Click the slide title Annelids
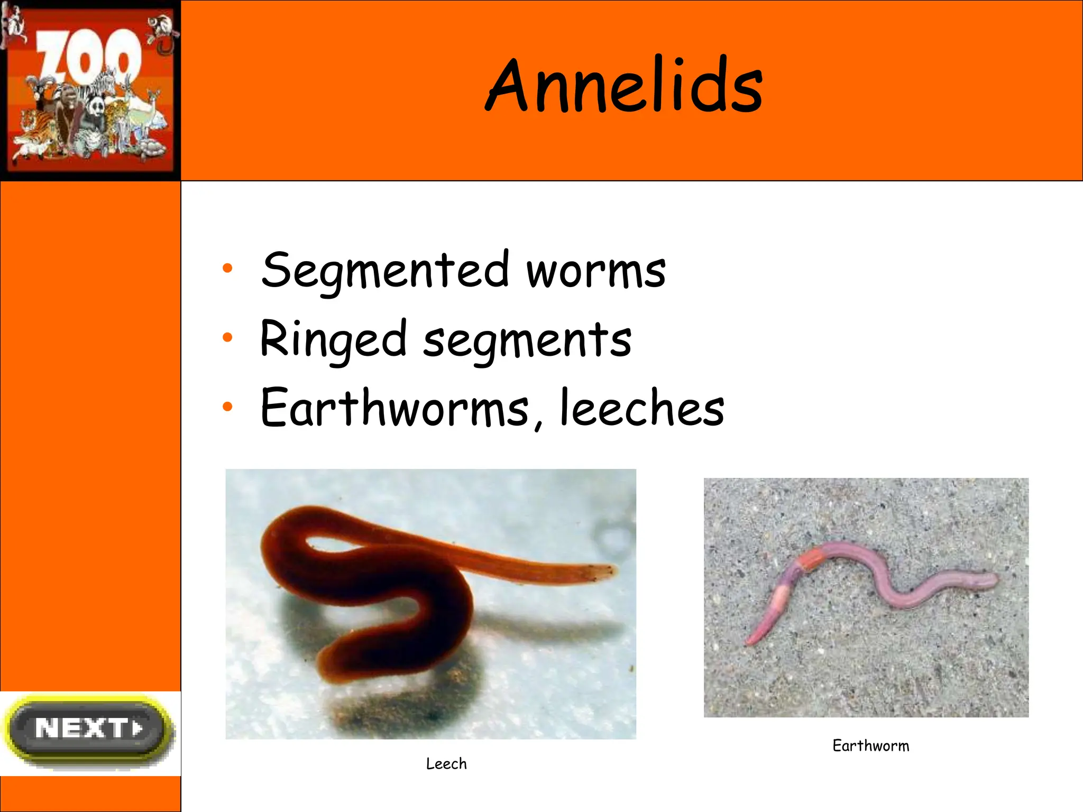coord(624,86)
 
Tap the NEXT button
coord(89,729)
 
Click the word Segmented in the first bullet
coord(386,271)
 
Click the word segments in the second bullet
coord(527,341)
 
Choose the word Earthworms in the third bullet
coord(394,408)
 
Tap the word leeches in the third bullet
coord(642,408)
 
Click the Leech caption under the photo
coord(446,764)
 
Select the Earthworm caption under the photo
coord(870,746)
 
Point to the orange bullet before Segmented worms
coord(227,269)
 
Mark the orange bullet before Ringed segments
coord(227,337)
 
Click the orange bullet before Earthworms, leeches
coord(227,406)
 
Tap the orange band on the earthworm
coord(811,560)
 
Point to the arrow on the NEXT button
coord(138,728)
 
